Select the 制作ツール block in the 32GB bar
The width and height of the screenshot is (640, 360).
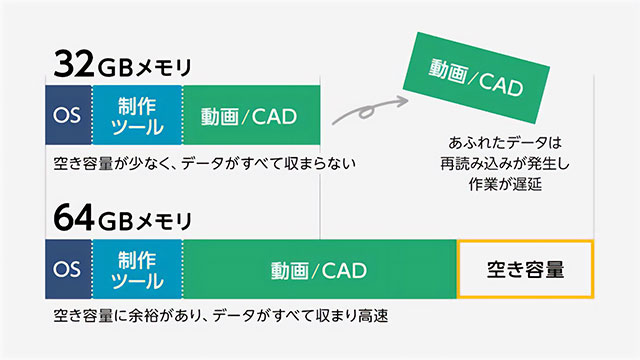137,114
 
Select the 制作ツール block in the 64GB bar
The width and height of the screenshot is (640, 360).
137,270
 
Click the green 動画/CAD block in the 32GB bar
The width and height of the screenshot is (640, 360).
251,114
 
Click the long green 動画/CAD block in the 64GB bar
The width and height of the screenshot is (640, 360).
319,270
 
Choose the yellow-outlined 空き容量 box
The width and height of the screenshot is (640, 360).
525,270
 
